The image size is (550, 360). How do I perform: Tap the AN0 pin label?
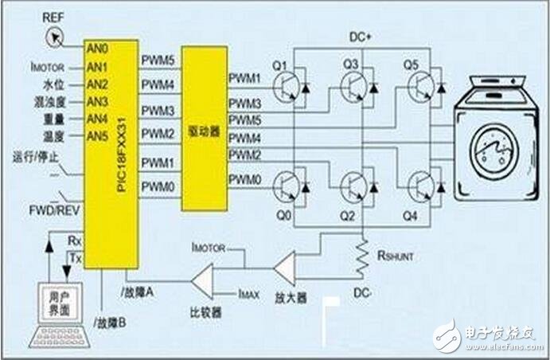tap(96, 49)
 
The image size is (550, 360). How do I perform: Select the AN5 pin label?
tap(96, 136)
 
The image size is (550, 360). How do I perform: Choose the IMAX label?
tap(248, 294)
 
